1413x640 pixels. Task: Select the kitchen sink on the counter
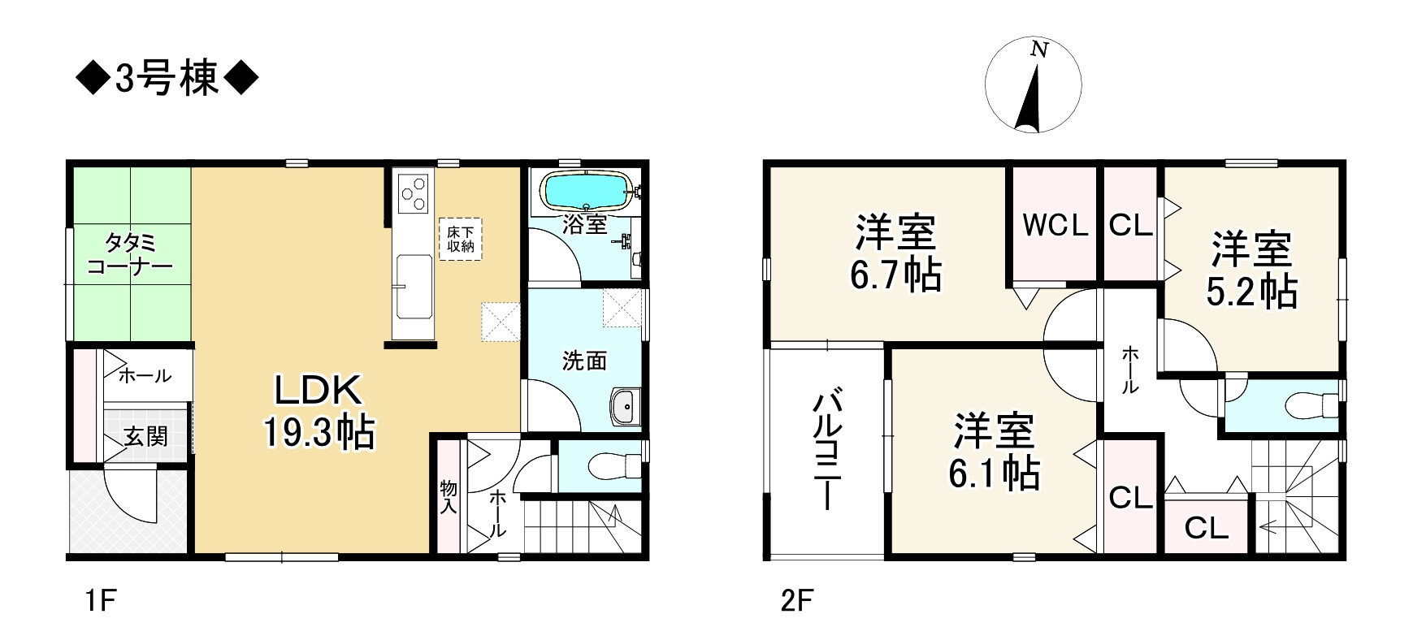pos(414,275)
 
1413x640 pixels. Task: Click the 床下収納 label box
pos(461,239)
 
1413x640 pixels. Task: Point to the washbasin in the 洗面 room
pos(624,405)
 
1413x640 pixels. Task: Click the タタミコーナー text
pos(129,254)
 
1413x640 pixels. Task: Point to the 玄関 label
pos(146,436)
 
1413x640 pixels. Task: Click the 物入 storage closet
pos(449,496)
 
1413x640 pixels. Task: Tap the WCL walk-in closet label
pos(1055,226)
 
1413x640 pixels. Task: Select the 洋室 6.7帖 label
pos(895,253)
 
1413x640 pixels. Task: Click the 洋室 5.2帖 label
pos(1251,270)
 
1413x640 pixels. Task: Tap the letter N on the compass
pos(1038,50)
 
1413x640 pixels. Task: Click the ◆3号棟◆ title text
pos(167,80)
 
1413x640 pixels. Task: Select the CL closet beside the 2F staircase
pos(1207,528)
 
